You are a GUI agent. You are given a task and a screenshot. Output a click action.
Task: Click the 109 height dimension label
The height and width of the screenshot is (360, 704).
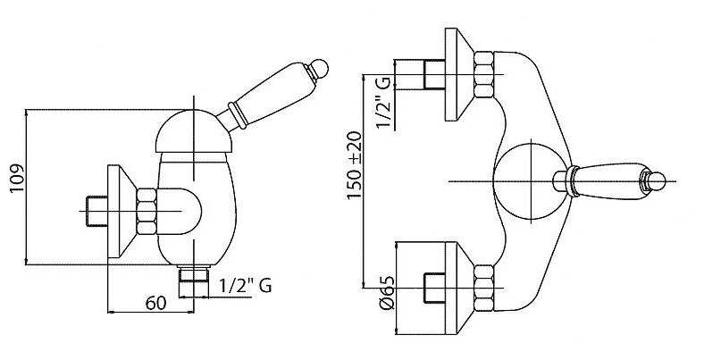tap(17, 178)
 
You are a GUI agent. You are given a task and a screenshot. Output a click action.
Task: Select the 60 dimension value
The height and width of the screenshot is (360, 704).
tap(155, 303)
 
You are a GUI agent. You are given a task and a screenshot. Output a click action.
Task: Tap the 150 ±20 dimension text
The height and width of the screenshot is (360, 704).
tap(355, 165)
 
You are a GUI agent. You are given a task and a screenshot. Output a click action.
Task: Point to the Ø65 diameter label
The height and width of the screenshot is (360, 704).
tap(387, 292)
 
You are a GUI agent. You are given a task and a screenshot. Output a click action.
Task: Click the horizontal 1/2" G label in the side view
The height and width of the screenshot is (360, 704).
tap(246, 286)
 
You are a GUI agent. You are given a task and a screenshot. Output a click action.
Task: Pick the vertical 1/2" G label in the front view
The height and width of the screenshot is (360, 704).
tap(384, 102)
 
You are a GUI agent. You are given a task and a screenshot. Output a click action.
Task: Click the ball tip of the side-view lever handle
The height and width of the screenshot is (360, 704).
tap(320, 69)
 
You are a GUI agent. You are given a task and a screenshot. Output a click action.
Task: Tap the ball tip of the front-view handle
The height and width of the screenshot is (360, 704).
tap(658, 181)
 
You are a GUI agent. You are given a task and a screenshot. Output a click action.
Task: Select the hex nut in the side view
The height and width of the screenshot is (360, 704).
tap(147, 212)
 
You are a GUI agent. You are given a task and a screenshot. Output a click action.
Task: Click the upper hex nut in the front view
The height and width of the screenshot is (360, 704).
tap(484, 74)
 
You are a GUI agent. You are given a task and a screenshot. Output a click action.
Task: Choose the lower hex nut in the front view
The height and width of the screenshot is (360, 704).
tap(484, 288)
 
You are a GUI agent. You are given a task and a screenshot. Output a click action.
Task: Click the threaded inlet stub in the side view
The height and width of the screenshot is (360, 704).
tap(96, 212)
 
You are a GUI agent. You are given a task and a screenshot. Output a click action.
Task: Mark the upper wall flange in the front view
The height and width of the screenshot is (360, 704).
tap(458, 74)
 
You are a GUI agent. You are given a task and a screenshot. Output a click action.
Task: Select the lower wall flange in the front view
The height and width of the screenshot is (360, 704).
tap(458, 288)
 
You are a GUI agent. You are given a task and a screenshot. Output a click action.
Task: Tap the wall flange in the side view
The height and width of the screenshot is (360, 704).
tap(122, 212)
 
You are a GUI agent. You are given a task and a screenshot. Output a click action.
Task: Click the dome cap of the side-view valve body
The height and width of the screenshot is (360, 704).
tap(194, 131)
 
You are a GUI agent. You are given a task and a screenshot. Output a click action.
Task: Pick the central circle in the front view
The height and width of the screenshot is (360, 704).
tap(532, 181)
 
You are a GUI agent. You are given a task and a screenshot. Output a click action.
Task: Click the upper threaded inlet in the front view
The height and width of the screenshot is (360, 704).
tap(434, 74)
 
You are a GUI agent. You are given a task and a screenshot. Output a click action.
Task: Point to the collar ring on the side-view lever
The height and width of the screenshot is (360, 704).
tap(238, 116)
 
